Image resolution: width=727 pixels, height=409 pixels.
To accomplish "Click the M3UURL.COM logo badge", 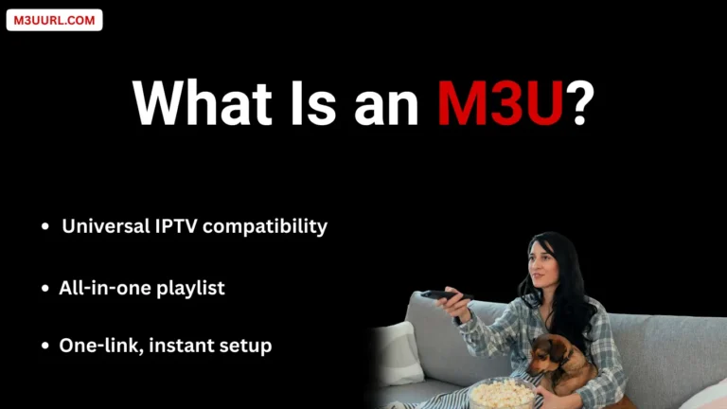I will click(x=54, y=20).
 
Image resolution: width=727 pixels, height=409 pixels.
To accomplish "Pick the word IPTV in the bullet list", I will click(x=174, y=227).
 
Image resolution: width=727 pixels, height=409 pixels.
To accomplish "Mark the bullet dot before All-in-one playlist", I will click(x=44, y=289).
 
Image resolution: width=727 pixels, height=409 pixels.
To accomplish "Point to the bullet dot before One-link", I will click(x=44, y=347).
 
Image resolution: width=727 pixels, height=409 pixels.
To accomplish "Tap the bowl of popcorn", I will click(x=501, y=391).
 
